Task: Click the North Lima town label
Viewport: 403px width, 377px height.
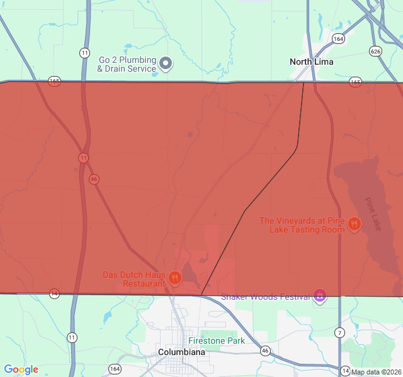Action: [x=311, y=62]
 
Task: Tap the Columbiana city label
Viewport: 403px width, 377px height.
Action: [x=182, y=352]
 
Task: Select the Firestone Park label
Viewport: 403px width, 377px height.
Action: [x=216, y=341]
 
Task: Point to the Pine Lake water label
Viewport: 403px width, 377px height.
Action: [x=373, y=214]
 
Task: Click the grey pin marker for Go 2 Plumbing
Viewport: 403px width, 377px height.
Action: [x=166, y=63]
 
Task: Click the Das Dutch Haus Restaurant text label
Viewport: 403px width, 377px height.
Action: [x=134, y=279]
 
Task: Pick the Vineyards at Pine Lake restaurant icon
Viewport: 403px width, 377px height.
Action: [x=355, y=223]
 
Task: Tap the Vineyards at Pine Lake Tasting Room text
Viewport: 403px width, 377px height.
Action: [x=302, y=225]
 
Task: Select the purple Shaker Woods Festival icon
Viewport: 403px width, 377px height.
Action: [x=320, y=295]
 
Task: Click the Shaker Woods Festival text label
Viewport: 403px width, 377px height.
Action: [x=266, y=297]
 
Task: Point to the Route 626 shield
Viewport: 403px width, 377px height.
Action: [x=376, y=51]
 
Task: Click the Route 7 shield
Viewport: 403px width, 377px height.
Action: [x=340, y=332]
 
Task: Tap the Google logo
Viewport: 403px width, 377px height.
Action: [x=21, y=369]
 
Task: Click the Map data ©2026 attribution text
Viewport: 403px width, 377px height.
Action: [x=376, y=372]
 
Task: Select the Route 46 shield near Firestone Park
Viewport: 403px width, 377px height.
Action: [x=265, y=351]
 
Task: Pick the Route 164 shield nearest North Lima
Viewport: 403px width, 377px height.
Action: [x=339, y=38]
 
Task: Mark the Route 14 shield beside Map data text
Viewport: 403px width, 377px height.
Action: [x=345, y=370]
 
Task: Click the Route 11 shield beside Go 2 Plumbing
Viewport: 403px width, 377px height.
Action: [x=84, y=52]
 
